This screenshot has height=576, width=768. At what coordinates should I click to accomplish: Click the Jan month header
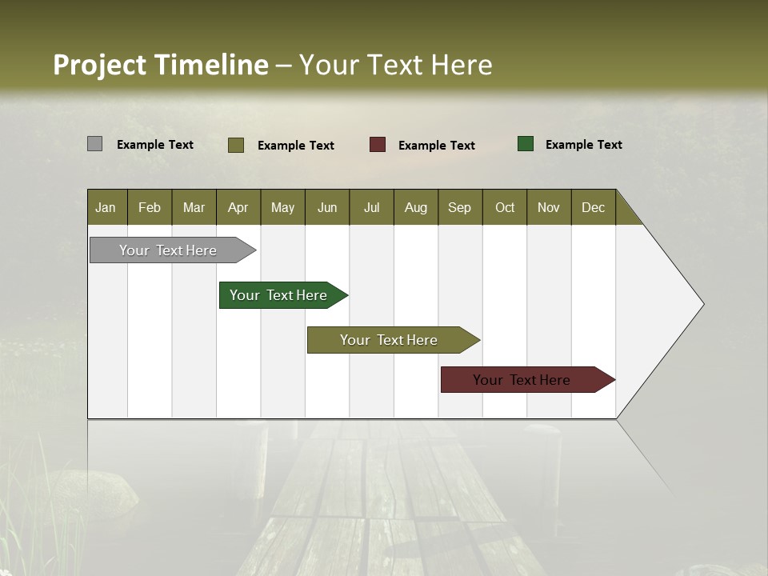click(106, 207)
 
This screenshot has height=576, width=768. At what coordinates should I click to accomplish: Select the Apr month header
click(238, 207)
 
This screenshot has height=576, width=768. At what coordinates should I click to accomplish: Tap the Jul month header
click(371, 207)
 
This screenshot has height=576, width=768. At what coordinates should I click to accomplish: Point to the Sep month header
click(459, 207)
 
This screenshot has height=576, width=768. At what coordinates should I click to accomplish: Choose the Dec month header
click(593, 207)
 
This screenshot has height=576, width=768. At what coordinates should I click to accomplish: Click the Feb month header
click(150, 207)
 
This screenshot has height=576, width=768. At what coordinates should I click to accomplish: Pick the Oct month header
click(505, 207)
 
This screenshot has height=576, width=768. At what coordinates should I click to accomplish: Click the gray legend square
click(94, 144)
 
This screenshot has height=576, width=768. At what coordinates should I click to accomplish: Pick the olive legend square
click(236, 145)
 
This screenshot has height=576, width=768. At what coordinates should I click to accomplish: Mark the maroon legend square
click(378, 145)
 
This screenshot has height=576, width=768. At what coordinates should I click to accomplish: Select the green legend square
click(526, 144)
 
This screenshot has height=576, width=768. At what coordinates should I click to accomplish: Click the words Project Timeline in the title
click(160, 65)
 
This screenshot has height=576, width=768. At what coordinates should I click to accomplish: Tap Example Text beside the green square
click(583, 145)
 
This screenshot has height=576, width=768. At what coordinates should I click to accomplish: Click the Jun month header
click(327, 207)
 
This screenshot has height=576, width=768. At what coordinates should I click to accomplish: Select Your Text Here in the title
click(395, 65)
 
